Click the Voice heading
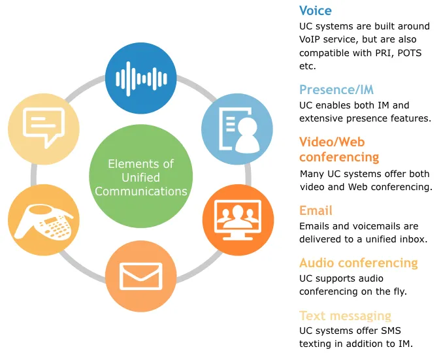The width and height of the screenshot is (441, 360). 316,10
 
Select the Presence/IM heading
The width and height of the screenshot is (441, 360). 336,90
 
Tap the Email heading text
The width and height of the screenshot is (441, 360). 316,210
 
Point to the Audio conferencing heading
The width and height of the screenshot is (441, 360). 359,263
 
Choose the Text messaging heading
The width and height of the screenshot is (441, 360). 345,316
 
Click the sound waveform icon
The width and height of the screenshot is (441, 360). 141,79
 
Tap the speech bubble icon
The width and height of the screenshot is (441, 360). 44,127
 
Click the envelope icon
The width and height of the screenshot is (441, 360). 141,276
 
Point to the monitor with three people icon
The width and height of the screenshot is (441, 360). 238,220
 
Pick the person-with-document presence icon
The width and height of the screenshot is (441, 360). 238,129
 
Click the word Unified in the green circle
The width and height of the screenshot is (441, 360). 140,178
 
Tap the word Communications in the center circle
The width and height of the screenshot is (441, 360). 141,191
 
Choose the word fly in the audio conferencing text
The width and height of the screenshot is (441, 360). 400,291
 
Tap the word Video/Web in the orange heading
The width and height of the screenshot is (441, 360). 332,142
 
